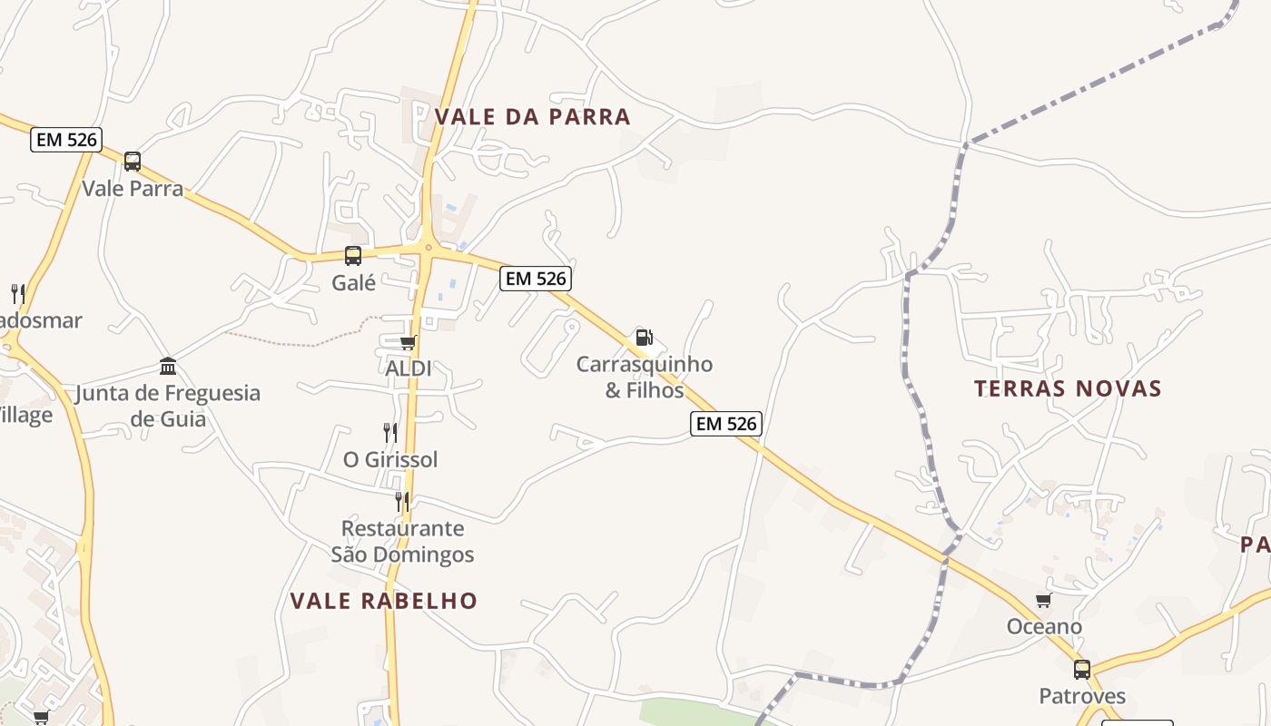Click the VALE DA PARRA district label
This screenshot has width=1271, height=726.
[532, 117]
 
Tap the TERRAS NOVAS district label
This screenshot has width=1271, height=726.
[1068, 389]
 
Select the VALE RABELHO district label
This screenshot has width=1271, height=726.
[383, 601]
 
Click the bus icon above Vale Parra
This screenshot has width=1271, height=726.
[133, 162]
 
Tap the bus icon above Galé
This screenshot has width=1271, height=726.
[353, 256]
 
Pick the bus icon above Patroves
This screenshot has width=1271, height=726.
[1082, 670]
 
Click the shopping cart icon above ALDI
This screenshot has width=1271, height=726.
[408, 342]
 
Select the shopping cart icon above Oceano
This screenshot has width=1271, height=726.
[1044, 600]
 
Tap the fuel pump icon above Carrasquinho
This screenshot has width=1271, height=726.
[644, 338]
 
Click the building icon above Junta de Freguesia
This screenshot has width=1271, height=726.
[168, 367]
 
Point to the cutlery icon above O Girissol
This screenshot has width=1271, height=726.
[390, 432]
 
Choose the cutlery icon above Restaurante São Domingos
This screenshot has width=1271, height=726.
[402, 501]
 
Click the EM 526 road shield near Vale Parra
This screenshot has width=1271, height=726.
[65, 140]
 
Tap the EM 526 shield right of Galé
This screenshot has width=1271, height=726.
[536, 279]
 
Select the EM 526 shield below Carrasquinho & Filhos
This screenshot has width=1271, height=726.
[724, 423]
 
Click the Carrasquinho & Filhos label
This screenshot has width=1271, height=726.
[645, 378]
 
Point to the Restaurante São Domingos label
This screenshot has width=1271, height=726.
[402, 541]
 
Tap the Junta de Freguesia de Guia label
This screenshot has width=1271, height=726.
[168, 406]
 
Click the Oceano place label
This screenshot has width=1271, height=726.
[1044, 627]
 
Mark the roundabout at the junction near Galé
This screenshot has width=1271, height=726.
[428, 248]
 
